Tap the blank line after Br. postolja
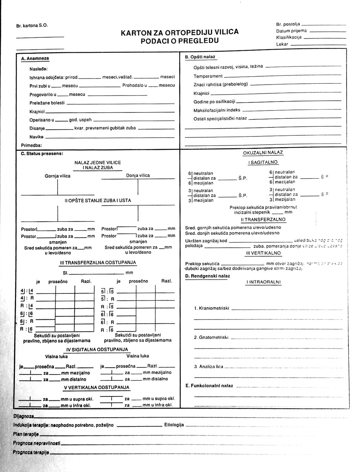point(324,25)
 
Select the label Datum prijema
point(292,31)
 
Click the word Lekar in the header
point(282,44)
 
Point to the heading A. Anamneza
point(35,59)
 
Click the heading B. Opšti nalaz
point(200,57)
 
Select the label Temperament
point(208,76)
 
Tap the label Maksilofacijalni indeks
point(217,110)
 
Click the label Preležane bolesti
point(47,103)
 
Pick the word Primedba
point(31,145)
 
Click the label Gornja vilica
point(57,176)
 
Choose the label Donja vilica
point(138,175)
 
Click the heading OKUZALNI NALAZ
point(263,153)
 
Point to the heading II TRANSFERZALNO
point(263,219)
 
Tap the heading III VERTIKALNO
point(263,253)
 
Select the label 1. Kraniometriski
point(211,308)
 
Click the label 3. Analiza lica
point(208,367)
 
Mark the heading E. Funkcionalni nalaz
point(209,386)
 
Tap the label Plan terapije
point(26,434)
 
